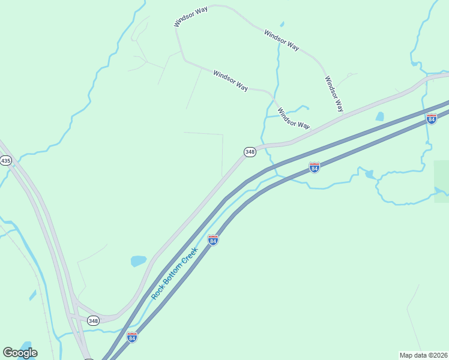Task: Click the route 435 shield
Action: (x=6, y=161)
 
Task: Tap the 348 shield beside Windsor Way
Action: (x=250, y=152)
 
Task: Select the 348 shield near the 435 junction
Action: (x=92, y=321)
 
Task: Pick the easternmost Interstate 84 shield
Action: (x=432, y=119)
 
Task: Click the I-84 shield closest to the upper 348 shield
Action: (x=314, y=167)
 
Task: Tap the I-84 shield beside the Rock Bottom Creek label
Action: (x=212, y=240)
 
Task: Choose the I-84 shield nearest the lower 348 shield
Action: (x=132, y=337)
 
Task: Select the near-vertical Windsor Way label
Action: (x=334, y=94)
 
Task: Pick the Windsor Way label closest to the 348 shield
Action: (x=294, y=118)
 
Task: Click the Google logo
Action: (x=20, y=353)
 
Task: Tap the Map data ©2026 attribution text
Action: (x=423, y=355)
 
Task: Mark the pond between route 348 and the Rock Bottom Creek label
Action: (x=139, y=261)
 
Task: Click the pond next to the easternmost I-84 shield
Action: (x=379, y=116)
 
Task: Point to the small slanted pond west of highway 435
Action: (x=32, y=295)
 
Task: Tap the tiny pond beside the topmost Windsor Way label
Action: (x=282, y=25)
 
